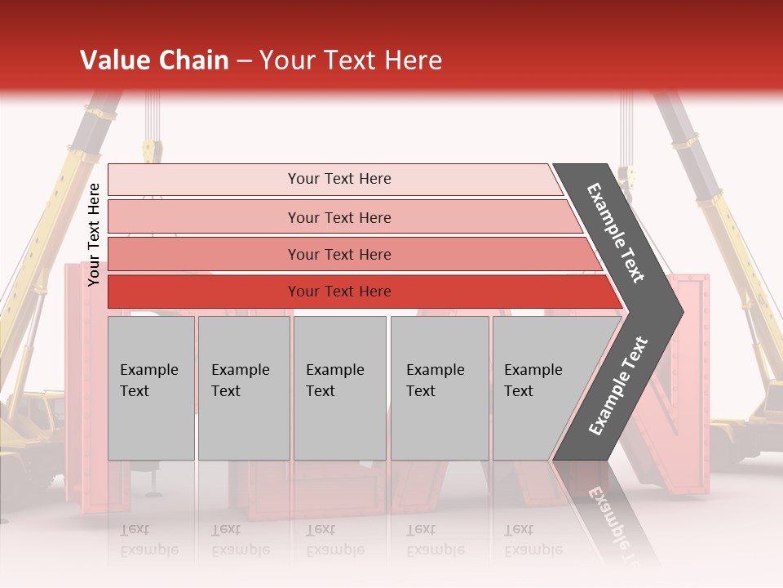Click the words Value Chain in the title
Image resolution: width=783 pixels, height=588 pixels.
154,60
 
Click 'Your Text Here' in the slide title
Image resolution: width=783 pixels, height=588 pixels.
351,60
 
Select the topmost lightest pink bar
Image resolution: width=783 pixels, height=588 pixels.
245,180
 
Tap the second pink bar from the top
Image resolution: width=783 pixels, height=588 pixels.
245,217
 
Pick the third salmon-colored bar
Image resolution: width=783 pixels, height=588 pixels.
245,254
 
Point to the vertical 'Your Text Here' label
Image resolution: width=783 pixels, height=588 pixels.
94,234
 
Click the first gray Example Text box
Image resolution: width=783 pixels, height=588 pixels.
151,388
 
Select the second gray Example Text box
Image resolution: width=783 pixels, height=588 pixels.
243,388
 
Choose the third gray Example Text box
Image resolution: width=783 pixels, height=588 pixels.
339,388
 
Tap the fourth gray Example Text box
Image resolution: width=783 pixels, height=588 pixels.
439,388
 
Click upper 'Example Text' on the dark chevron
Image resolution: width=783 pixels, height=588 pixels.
616,233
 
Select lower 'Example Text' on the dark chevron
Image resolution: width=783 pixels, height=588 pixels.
618,386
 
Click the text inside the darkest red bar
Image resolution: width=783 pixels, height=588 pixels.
339,292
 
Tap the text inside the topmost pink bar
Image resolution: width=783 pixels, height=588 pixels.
339,179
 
